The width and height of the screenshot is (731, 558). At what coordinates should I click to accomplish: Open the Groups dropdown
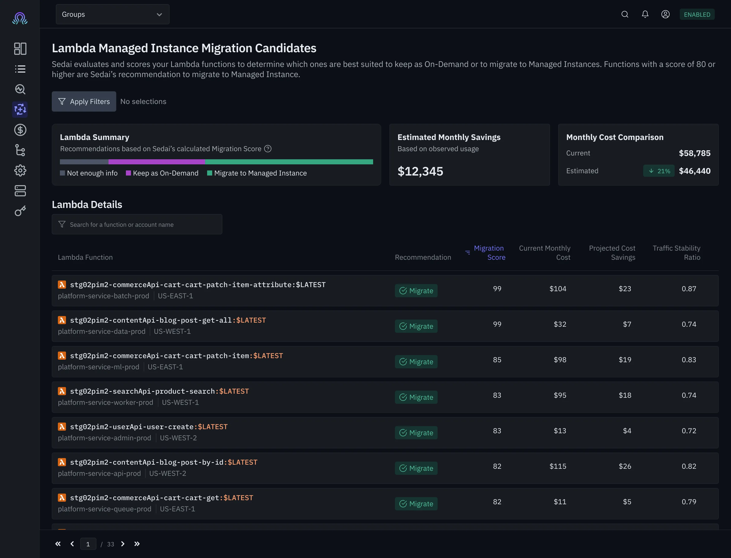(112, 14)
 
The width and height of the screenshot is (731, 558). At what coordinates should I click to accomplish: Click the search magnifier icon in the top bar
(625, 14)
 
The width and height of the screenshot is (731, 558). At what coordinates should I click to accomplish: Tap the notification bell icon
(645, 14)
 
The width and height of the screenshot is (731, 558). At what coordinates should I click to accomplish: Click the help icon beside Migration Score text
(268, 149)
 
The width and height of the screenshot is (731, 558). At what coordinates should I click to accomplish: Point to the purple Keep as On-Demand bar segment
(157, 162)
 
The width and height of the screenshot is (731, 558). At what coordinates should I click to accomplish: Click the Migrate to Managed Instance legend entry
(257, 173)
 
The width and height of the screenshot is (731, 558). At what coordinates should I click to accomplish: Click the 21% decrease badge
(658, 171)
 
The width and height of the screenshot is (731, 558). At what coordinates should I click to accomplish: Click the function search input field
(137, 224)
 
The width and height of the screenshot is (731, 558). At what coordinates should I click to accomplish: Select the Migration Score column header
(488, 253)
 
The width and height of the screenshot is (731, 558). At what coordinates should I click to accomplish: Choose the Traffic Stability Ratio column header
(676, 253)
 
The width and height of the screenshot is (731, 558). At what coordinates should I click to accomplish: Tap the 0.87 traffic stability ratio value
(689, 289)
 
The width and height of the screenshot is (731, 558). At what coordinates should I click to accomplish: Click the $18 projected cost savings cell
(625, 395)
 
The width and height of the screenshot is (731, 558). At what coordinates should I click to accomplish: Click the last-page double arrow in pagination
(137, 544)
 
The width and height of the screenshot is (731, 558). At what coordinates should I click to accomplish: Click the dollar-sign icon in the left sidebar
(20, 130)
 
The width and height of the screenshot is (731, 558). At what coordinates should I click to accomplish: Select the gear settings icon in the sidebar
(20, 170)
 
